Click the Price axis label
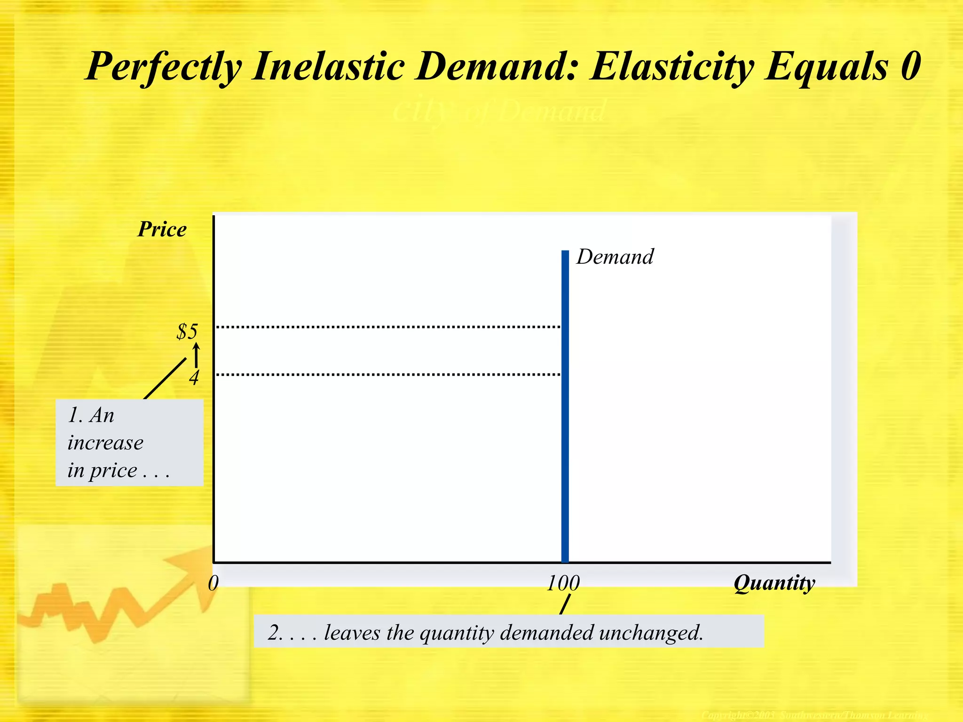coord(162,229)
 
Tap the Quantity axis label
coord(774,583)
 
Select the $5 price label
coord(187,331)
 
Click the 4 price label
coord(194,377)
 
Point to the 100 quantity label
coord(563,583)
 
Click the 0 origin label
coord(213,583)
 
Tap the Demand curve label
coord(615,257)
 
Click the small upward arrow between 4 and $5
coord(196,355)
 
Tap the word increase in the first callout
coord(105,443)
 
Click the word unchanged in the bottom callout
coord(651,633)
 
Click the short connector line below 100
coord(565,604)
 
